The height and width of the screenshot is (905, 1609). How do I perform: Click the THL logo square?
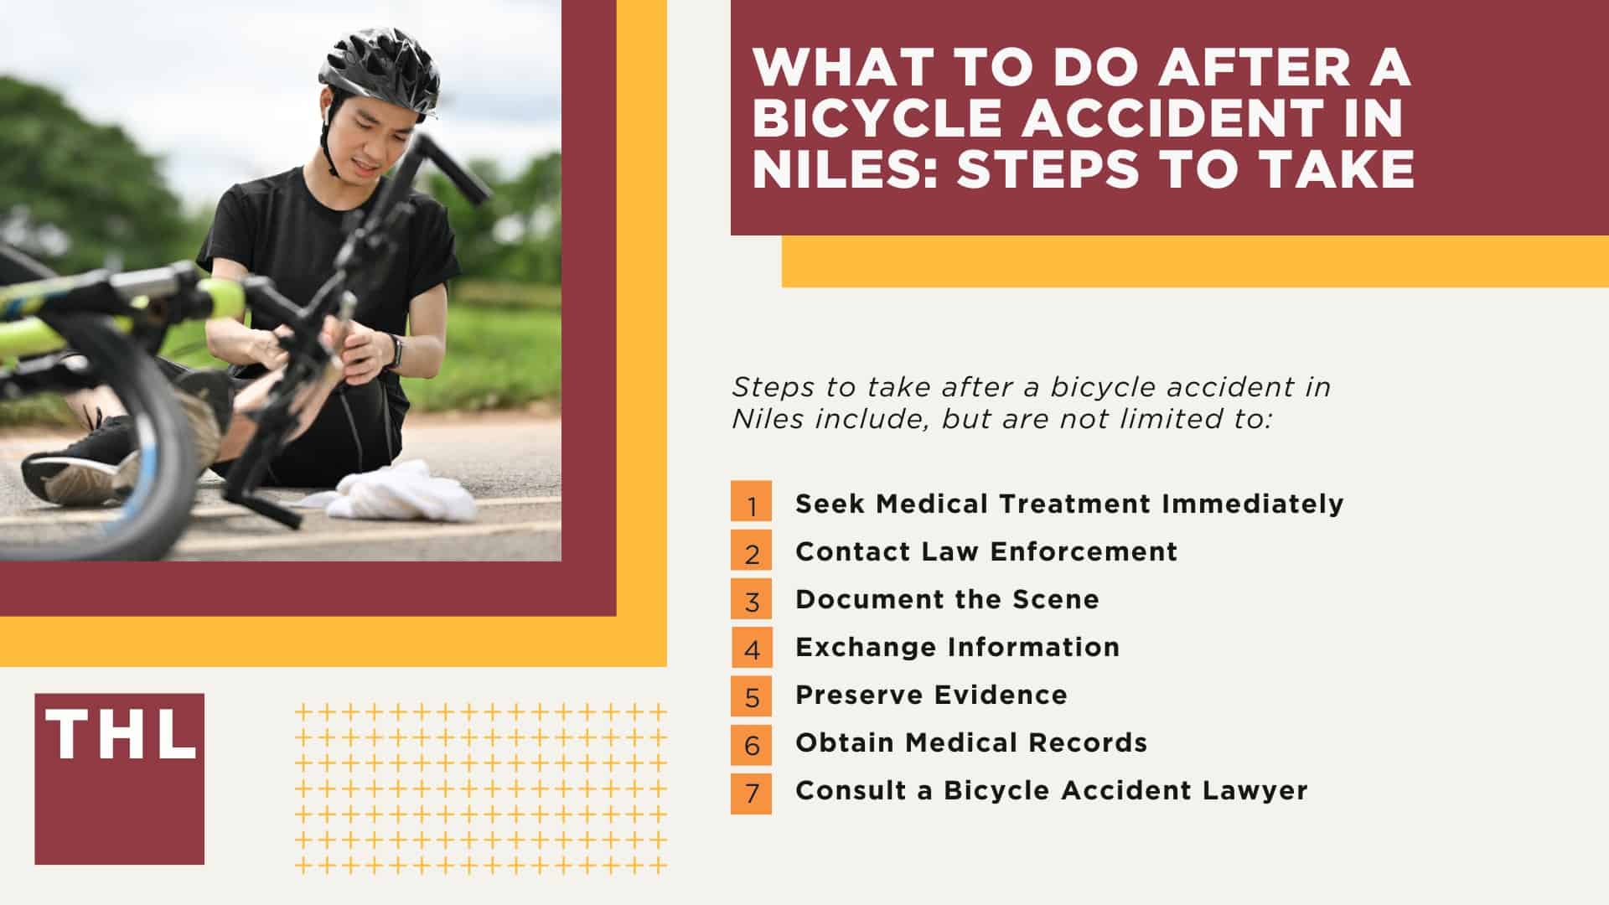pos(119,778)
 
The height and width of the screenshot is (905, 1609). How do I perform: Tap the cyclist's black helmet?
pos(379,72)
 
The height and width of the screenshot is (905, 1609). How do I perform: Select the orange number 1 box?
pos(751,503)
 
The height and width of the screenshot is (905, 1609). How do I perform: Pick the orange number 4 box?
pos(751,647)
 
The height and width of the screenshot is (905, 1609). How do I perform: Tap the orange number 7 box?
pos(751,790)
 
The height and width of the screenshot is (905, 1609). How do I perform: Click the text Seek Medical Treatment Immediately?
pos(1069,504)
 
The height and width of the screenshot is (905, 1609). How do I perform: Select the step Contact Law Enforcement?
pos(986,551)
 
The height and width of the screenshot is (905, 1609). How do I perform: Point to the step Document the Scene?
pos(947,599)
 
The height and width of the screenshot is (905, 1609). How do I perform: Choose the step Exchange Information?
pos(957,647)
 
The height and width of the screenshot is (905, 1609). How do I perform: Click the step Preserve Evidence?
pos(931,695)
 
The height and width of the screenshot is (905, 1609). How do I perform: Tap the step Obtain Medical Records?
pos(971,742)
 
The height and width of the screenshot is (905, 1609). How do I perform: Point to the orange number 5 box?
pos(751,695)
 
